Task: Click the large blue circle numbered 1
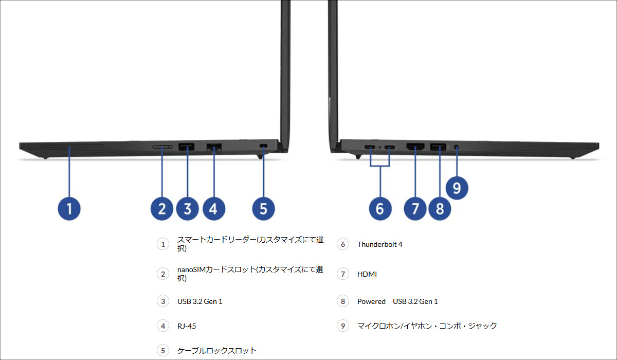[x=69, y=209]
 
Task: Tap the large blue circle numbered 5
[x=263, y=209]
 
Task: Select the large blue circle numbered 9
[x=457, y=187]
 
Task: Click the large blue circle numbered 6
[x=380, y=209]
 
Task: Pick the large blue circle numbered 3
[x=187, y=209]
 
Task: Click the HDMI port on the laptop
[x=415, y=148]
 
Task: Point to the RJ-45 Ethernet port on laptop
[x=213, y=148]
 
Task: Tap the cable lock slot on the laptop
[x=264, y=147]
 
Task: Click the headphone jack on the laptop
[x=457, y=148]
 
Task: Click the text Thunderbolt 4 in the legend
[x=379, y=244]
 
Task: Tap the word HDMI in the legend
[x=367, y=274]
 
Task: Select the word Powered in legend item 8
[x=371, y=301]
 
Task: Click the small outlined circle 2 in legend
[x=163, y=274]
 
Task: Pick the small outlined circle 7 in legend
[x=343, y=274]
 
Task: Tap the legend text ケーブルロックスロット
[x=216, y=351]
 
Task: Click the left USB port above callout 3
[x=187, y=148]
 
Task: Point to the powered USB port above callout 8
[x=438, y=148]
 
